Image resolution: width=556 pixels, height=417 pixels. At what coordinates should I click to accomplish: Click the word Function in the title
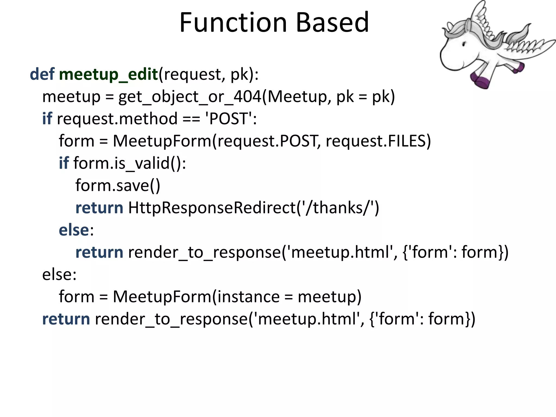[x=233, y=23]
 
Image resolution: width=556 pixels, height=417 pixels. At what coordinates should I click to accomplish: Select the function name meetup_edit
[x=108, y=75]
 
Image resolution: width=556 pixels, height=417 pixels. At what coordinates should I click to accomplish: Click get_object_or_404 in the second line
[x=189, y=97]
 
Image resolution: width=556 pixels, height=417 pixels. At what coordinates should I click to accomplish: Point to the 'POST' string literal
[x=229, y=119]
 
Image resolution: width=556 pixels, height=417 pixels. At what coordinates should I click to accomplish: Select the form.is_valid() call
[x=130, y=163]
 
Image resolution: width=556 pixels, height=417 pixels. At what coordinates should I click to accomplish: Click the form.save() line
[x=118, y=186]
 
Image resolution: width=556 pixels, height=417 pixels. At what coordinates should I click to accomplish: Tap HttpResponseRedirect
[x=212, y=208]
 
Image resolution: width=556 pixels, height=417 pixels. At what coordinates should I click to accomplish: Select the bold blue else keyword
[x=74, y=230]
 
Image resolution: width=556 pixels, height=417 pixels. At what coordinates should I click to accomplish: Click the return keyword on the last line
[x=66, y=319]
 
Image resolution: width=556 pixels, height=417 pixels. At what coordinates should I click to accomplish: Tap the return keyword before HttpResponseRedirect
[x=99, y=208]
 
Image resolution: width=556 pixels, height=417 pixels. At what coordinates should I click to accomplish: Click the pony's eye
[x=464, y=43]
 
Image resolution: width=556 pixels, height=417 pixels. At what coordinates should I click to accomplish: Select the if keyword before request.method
[x=47, y=119]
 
